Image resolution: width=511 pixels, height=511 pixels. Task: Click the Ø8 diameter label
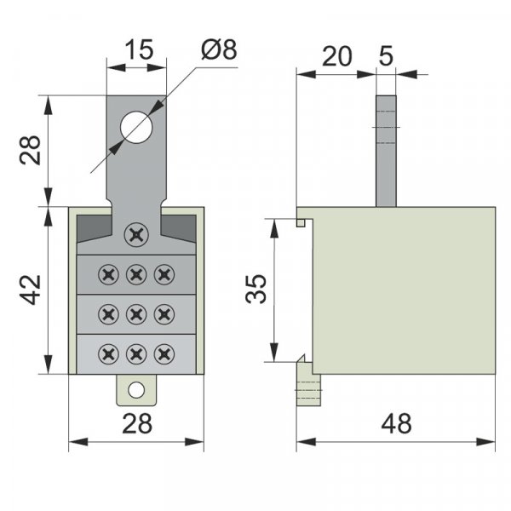pyautogui.click(x=219, y=50)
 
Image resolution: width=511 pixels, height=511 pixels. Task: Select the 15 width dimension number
pyautogui.click(x=139, y=49)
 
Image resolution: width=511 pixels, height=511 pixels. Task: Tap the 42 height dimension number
pyautogui.click(x=31, y=290)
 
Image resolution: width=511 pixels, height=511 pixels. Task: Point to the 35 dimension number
pyautogui.click(x=256, y=290)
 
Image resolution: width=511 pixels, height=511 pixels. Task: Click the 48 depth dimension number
pyautogui.click(x=396, y=423)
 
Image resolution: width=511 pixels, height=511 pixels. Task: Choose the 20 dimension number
pyautogui.click(x=337, y=56)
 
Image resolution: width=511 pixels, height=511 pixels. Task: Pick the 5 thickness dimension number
pyautogui.click(x=387, y=56)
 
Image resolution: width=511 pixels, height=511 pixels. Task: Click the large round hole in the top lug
pyautogui.click(x=136, y=128)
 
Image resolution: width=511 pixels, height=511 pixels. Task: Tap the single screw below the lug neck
pyautogui.click(x=136, y=235)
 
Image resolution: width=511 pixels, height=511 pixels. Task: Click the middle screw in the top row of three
pyautogui.click(x=136, y=275)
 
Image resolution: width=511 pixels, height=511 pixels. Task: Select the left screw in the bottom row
pyautogui.click(x=108, y=354)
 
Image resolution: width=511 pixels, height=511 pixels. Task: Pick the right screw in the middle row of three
pyautogui.click(x=164, y=314)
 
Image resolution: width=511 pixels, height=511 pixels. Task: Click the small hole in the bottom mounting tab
pyautogui.click(x=136, y=390)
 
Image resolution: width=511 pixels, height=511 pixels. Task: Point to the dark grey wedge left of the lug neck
pyautogui.click(x=94, y=227)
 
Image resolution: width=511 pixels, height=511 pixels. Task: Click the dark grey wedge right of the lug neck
pyautogui.click(x=179, y=227)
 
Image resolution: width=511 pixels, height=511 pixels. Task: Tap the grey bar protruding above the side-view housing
pyautogui.click(x=386, y=151)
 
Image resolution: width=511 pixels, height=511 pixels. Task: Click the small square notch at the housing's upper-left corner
pyautogui.click(x=301, y=223)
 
